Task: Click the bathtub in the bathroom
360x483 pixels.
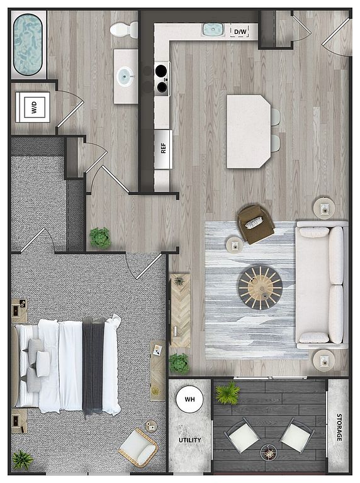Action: pos(28,45)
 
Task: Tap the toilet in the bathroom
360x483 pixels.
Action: pos(124,30)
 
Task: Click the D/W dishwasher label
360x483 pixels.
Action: pos(240,31)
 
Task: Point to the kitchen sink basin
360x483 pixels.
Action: pos(213,30)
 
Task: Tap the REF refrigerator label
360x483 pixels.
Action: pos(163,148)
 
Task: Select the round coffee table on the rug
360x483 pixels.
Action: pos(261,287)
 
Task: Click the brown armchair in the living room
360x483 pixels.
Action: pos(256,224)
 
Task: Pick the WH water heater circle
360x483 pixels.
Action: pos(189,399)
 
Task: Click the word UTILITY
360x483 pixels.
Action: pos(190,440)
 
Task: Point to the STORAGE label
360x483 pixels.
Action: pos(339,427)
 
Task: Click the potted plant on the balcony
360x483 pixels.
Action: pos(228,392)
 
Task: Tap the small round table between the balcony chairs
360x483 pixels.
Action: pos(269,453)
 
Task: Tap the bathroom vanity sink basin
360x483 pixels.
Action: pos(126,75)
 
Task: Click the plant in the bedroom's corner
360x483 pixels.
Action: pos(23,460)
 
